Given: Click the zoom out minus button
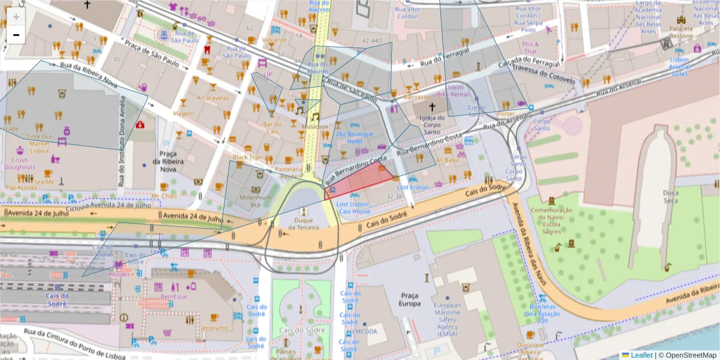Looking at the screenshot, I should click(16, 35).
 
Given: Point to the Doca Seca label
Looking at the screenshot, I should click(670, 196).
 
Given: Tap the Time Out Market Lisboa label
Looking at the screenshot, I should click(39, 143).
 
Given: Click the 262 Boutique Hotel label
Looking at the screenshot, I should click(354, 137).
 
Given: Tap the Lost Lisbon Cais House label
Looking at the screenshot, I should click(354, 208).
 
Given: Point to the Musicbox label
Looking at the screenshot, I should click(315, 127).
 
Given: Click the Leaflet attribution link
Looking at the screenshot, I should click(641, 355).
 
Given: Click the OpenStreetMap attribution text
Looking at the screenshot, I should click(688, 355).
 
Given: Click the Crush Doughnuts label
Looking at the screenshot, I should click(20, 164).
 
